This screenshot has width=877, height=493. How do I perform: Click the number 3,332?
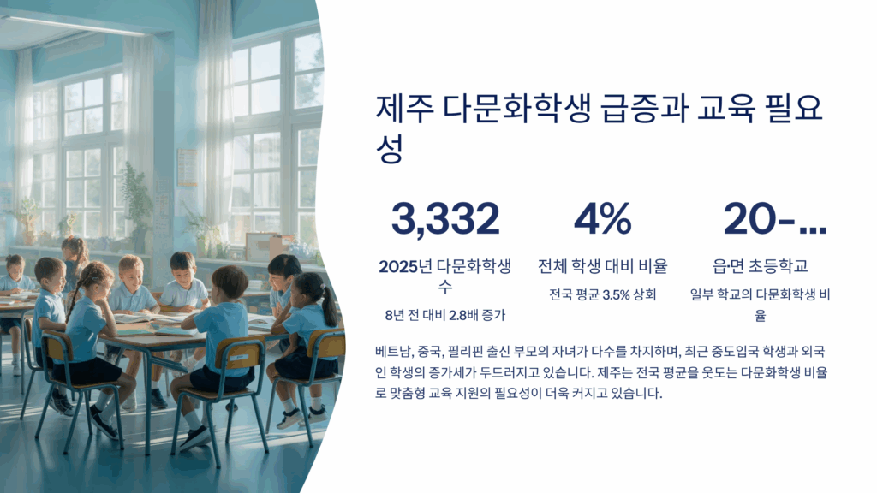445,218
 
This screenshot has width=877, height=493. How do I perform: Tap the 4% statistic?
602,218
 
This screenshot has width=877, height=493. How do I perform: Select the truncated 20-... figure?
774,218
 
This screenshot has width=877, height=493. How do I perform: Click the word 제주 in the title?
404,109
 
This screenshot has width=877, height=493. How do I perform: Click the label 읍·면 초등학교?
761,266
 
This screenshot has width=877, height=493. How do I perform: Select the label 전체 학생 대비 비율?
602,266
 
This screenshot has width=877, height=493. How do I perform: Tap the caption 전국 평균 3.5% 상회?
602,294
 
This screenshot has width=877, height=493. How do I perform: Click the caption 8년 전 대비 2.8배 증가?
445,315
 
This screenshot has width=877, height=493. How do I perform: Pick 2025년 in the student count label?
405,266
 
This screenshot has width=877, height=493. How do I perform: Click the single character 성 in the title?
390,149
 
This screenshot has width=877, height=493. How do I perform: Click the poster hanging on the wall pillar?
188,167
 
